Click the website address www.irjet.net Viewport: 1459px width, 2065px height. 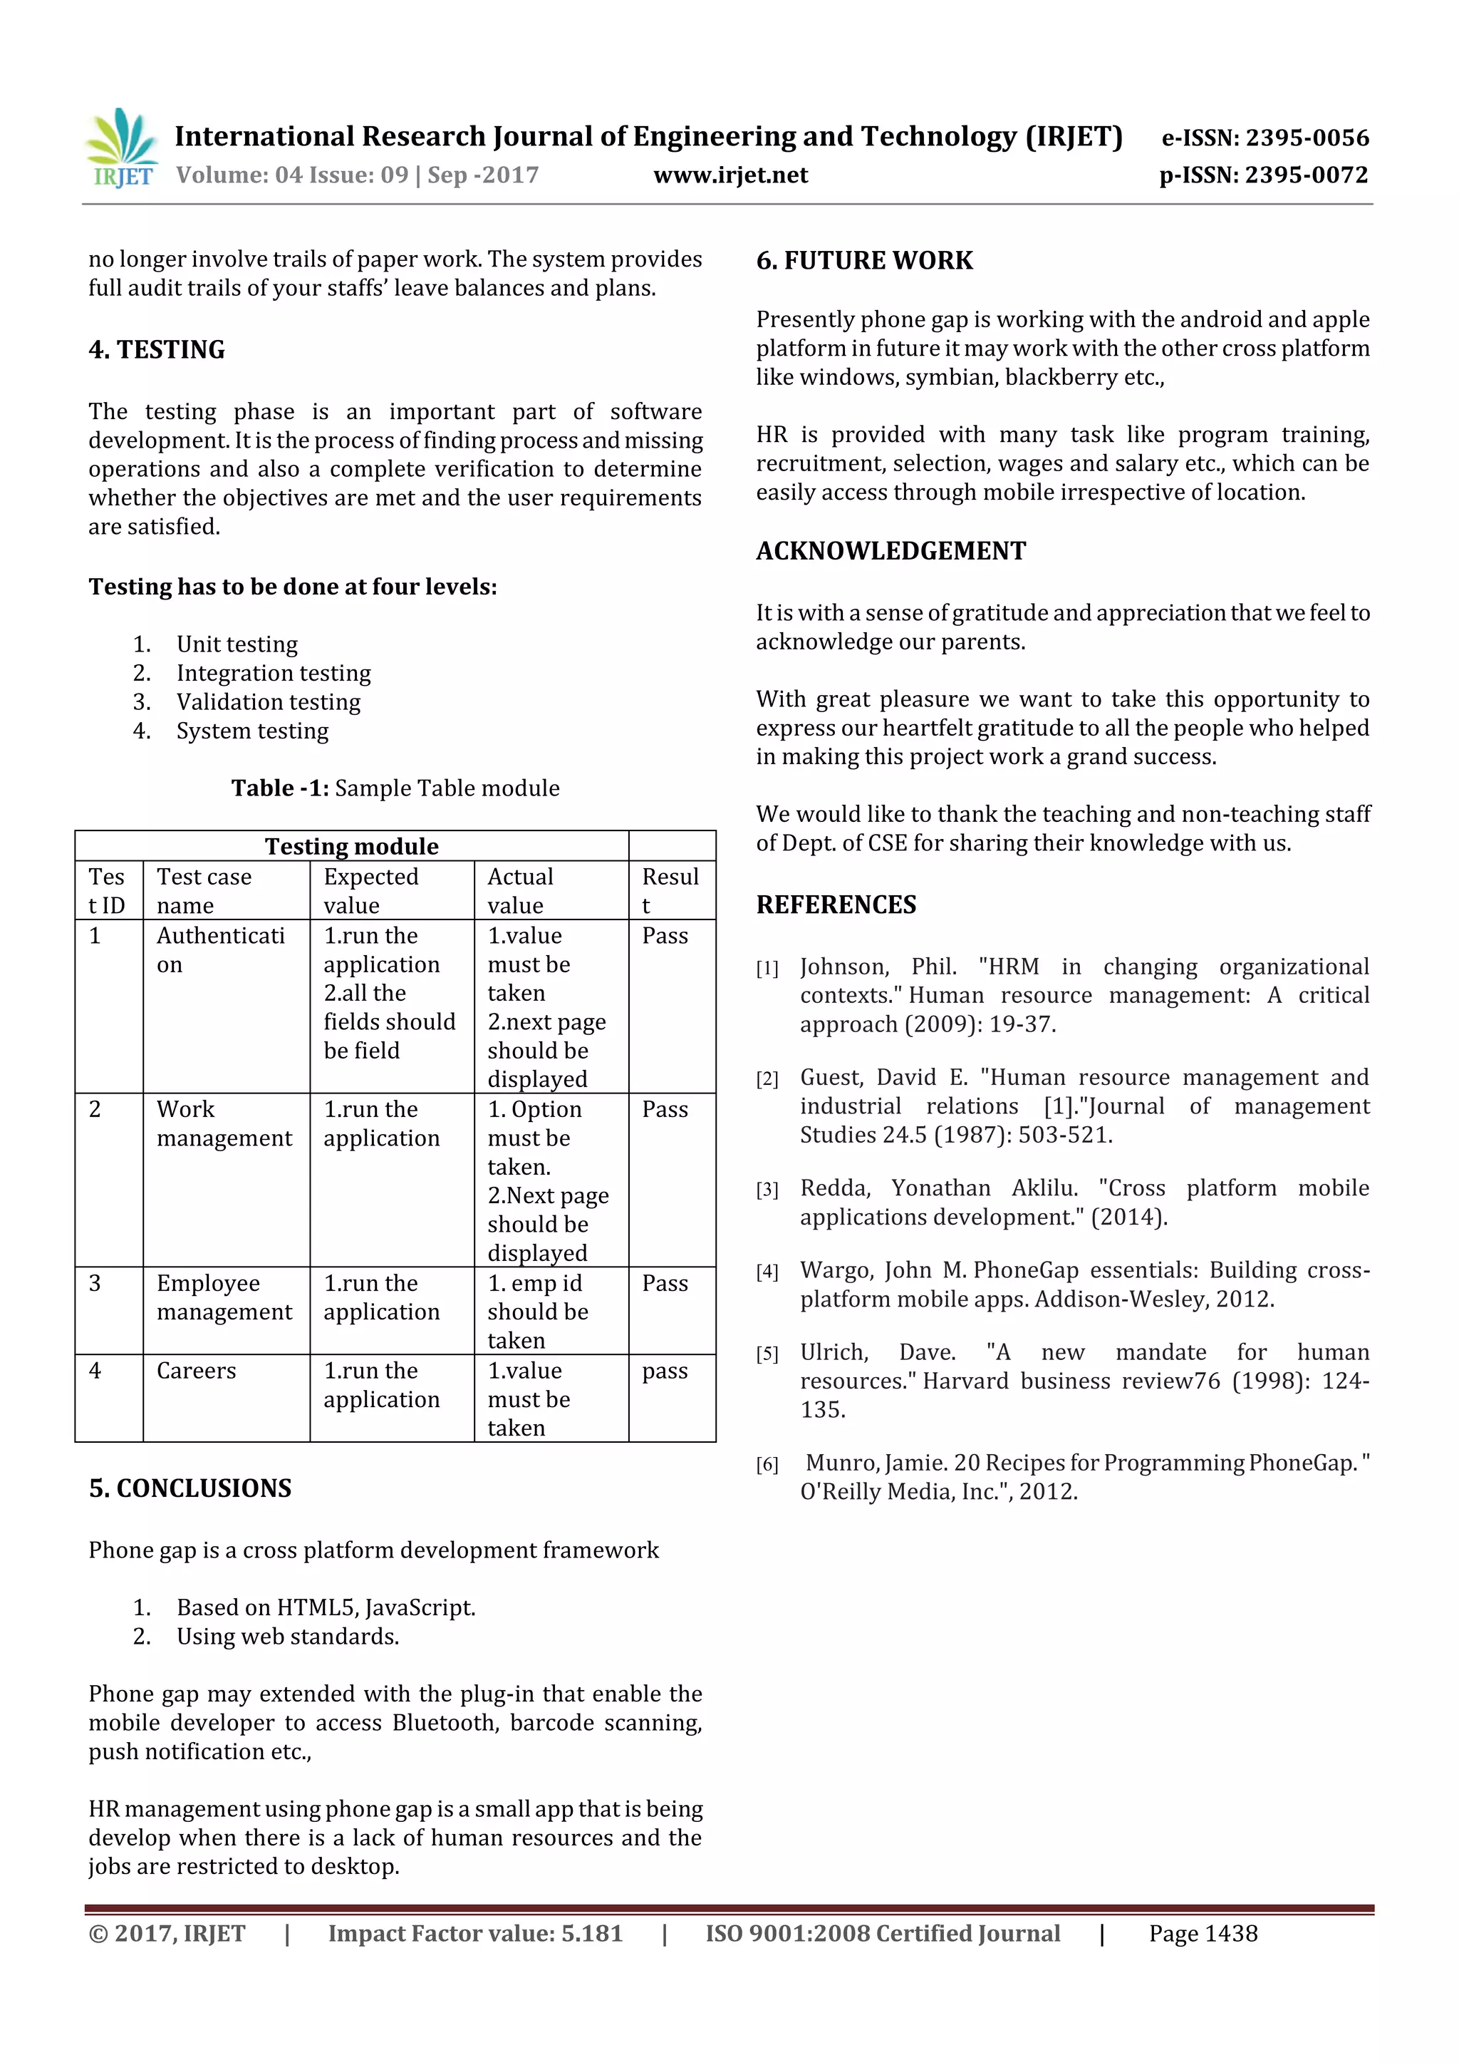(730, 175)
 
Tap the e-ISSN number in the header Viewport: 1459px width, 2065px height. (1265, 138)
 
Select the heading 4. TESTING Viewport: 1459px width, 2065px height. (157, 350)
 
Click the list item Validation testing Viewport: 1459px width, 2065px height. (268, 702)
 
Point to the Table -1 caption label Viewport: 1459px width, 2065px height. (281, 789)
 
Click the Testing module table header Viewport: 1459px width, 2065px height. (351, 846)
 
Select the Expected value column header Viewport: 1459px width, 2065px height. (370, 890)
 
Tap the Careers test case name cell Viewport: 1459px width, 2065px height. (196, 1371)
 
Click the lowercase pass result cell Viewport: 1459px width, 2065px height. (665, 1371)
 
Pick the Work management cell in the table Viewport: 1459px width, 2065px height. (224, 1123)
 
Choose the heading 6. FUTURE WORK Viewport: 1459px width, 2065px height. (864, 261)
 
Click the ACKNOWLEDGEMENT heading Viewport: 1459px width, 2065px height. (890, 551)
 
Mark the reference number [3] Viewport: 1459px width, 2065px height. (767, 1190)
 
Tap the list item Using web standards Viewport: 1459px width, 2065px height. (287, 1636)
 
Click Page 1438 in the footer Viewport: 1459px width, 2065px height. (1203, 1934)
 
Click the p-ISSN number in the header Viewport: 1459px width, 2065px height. (1263, 175)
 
